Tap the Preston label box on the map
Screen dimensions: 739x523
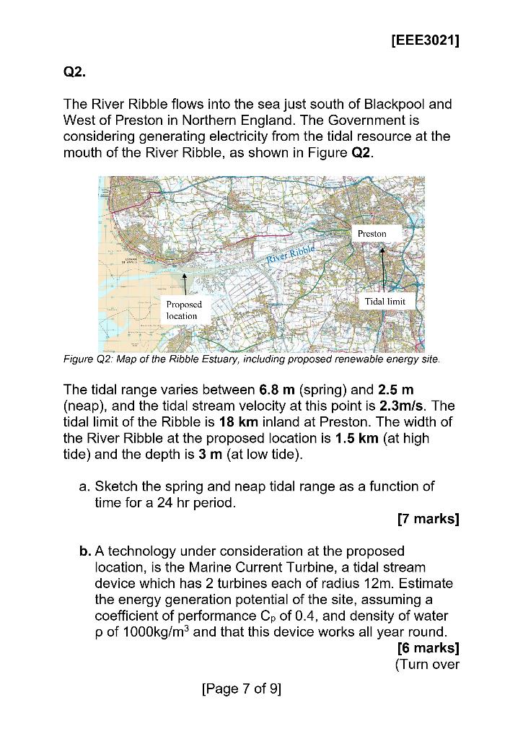point(372,233)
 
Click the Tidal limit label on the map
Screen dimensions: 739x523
point(384,301)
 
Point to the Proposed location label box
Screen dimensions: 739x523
point(184,310)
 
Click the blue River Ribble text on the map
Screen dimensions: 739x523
point(291,254)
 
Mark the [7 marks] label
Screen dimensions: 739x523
point(428,518)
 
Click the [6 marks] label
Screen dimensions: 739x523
point(428,647)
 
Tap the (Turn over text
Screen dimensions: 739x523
point(427,664)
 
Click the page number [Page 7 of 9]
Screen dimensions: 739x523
point(242,688)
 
